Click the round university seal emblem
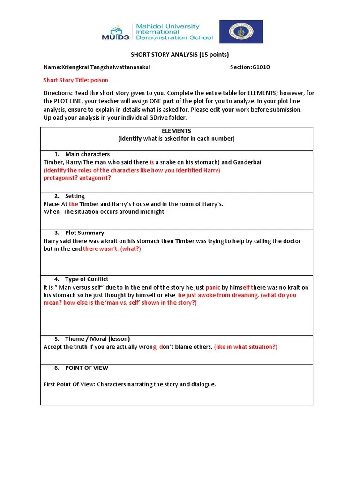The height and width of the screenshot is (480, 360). tap(241, 31)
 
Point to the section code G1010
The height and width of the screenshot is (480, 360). tap(261, 67)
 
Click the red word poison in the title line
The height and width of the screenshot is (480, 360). tap(100, 80)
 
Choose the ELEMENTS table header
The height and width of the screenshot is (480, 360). tap(176, 131)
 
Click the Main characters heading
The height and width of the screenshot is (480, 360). tap(87, 154)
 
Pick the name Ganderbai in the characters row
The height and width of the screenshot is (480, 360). tap(245, 162)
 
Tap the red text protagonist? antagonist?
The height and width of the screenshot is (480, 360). tap(77, 178)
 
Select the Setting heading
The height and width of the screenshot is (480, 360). tap(75, 196)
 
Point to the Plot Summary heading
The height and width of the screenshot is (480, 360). tap(84, 232)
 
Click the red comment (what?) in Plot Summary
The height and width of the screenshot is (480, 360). tap(131, 249)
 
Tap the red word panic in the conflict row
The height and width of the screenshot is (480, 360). tap(213, 287)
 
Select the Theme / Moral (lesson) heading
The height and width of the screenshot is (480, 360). tap(97, 338)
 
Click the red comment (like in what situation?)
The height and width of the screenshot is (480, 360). tap(246, 347)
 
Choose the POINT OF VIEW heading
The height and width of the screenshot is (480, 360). tap(87, 368)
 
